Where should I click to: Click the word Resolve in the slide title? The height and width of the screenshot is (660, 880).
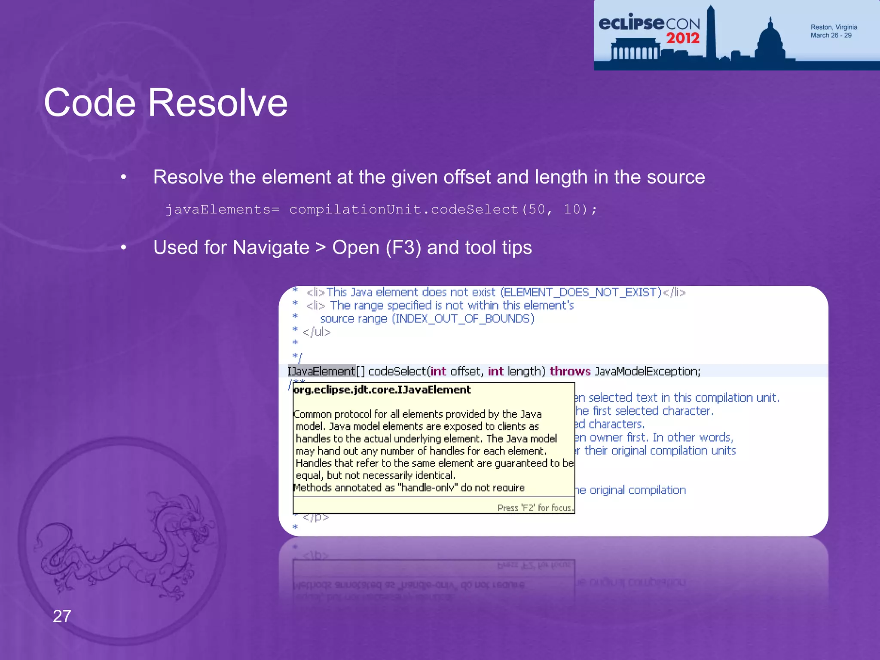pos(218,103)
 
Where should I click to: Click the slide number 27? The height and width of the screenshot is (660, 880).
pos(62,616)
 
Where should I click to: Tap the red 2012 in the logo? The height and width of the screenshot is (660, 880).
pos(683,38)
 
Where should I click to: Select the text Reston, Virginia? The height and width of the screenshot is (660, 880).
pos(834,27)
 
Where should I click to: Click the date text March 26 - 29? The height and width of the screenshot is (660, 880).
pos(831,35)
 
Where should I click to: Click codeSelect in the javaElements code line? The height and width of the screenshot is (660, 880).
pos(474,210)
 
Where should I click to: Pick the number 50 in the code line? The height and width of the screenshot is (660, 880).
pos(537,210)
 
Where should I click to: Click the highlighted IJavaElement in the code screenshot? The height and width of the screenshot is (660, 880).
pos(321,371)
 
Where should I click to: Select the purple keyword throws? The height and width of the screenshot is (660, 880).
pos(570,371)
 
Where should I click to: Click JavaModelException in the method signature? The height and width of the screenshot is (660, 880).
pos(647,371)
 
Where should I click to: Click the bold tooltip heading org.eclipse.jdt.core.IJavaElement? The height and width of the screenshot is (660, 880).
pos(382,390)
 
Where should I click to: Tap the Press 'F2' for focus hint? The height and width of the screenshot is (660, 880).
pos(535,508)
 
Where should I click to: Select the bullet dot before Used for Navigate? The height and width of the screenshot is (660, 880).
pos(124,248)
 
